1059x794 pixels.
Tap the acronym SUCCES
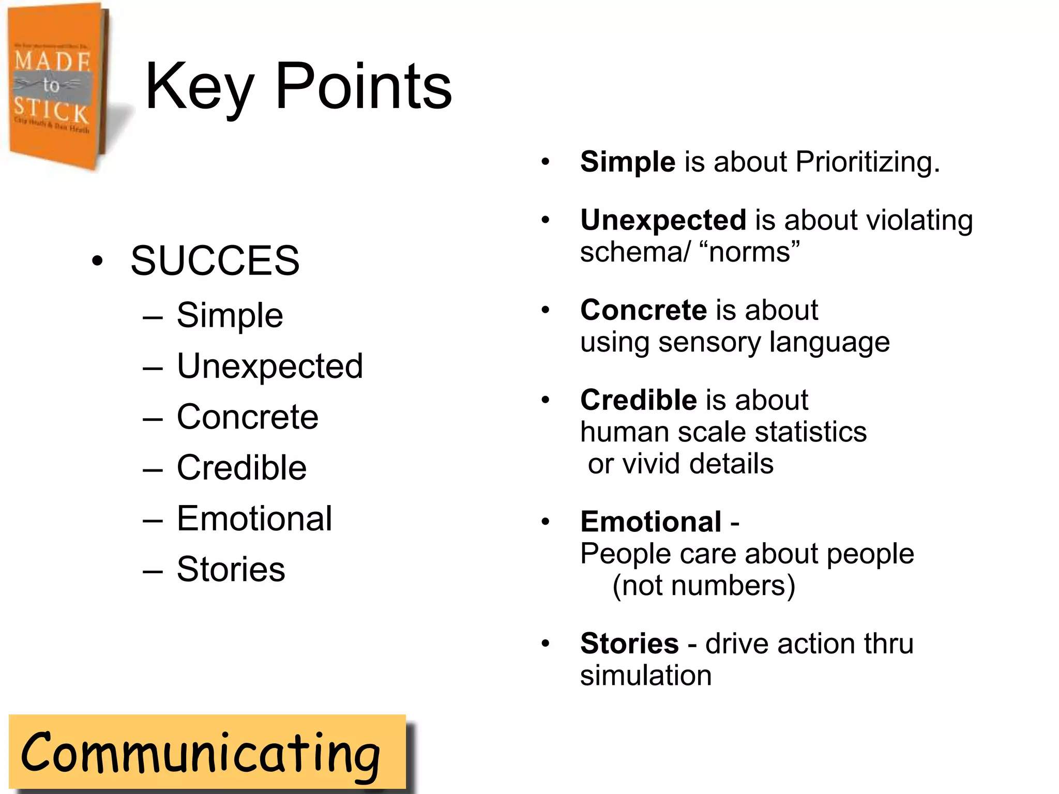point(215,261)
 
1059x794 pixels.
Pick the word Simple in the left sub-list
point(230,315)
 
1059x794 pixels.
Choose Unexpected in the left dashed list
point(269,366)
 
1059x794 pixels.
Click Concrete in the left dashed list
point(247,417)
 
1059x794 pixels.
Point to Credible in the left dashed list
point(241,468)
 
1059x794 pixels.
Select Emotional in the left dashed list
point(254,518)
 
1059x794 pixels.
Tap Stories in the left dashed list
point(231,569)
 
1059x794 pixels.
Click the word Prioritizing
point(868,162)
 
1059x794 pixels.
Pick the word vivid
point(653,463)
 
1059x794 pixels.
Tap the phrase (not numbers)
point(703,586)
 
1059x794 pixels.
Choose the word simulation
point(646,676)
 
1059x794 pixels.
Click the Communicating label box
point(207,752)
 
